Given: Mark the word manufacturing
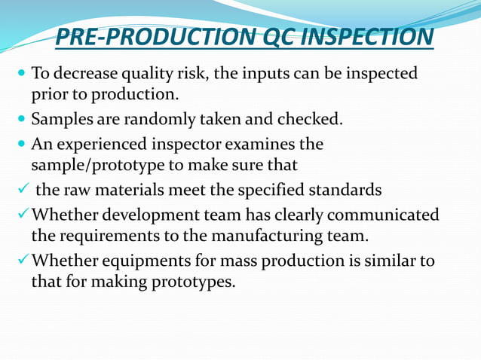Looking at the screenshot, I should (x=274, y=236).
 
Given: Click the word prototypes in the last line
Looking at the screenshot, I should (x=194, y=283).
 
